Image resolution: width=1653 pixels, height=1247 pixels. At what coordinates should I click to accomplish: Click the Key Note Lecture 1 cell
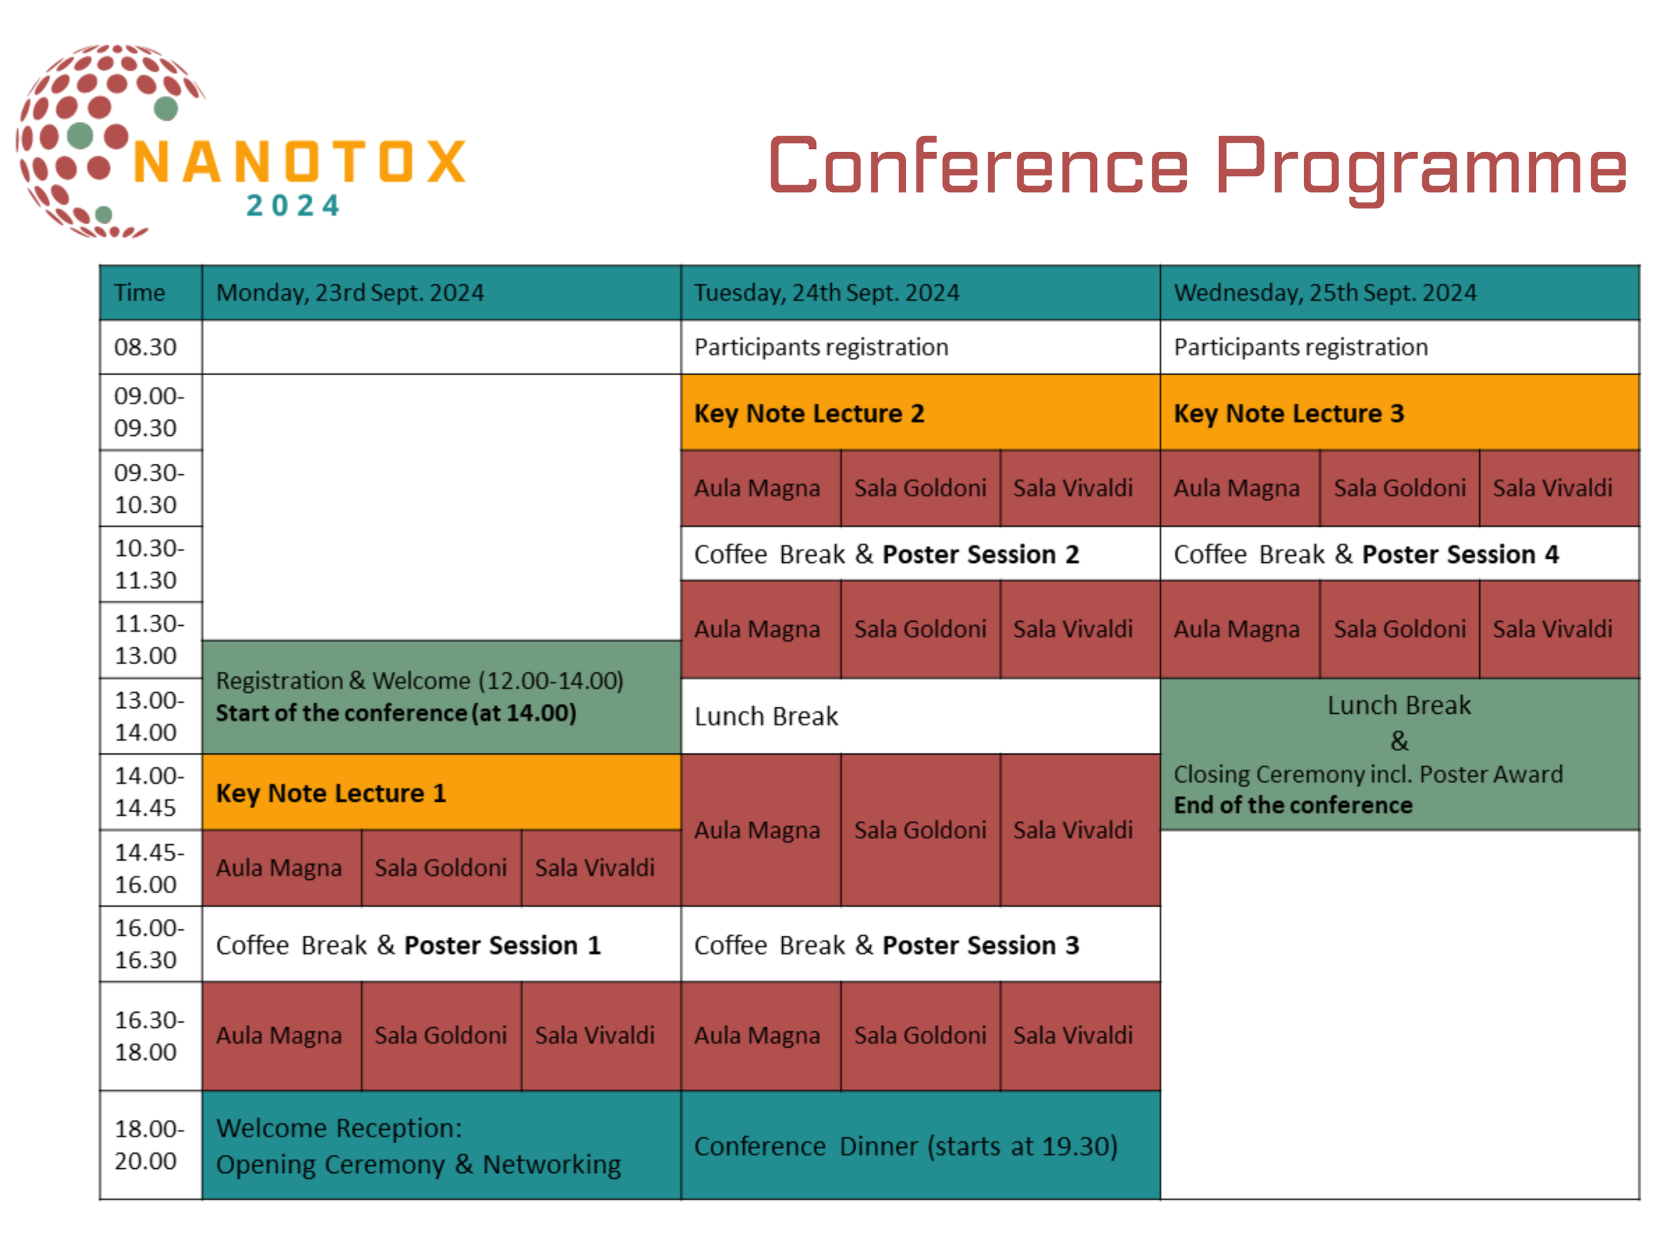point(441,793)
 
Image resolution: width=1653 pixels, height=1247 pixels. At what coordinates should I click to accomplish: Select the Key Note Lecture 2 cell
point(920,413)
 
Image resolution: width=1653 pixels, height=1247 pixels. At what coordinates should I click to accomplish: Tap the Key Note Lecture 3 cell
point(1399,413)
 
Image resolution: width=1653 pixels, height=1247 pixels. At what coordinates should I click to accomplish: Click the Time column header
point(150,292)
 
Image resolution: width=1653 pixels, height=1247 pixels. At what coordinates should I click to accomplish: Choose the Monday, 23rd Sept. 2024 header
point(441,292)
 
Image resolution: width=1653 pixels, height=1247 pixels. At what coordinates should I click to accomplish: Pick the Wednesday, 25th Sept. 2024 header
point(1399,292)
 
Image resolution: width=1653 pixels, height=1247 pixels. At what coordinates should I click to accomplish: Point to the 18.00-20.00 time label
point(149,1144)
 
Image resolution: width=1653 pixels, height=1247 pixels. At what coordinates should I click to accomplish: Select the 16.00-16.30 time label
point(149,943)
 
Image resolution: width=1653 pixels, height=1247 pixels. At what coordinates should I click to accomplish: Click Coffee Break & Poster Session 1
point(441,945)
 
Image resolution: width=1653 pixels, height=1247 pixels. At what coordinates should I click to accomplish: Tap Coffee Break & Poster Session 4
point(1399,554)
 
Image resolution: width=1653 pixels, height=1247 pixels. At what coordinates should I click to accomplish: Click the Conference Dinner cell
point(920,1146)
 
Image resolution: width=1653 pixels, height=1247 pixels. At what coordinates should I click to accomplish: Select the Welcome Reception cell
point(441,1146)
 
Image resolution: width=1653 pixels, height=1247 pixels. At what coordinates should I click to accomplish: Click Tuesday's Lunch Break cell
point(920,716)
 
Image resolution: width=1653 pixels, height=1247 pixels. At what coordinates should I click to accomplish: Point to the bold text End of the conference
point(1293,805)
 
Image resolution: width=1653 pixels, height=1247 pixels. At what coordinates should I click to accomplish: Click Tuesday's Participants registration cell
point(920,347)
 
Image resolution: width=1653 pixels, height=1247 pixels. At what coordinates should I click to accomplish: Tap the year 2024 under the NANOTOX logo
point(294,206)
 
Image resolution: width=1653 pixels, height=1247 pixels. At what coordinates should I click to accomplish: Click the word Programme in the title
point(1420,166)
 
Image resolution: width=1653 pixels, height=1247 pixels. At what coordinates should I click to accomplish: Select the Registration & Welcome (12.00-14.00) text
point(419,680)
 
